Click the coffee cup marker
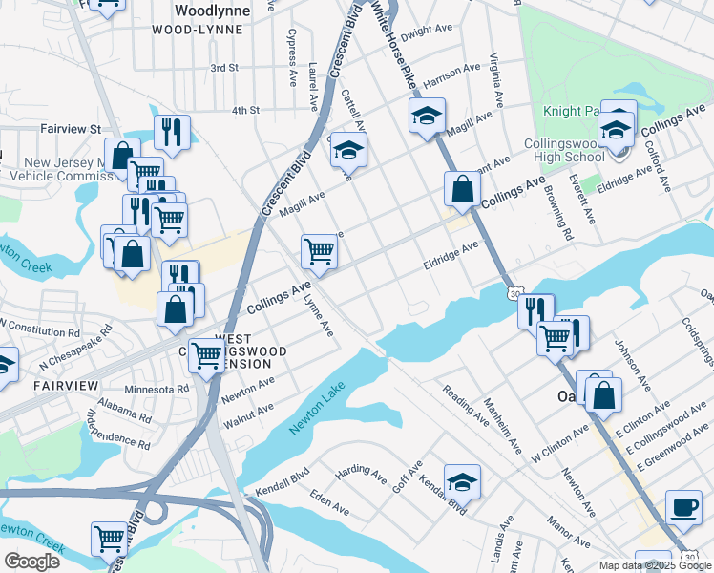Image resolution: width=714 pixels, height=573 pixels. point(682,507)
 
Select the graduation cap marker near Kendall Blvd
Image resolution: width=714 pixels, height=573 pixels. point(462,482)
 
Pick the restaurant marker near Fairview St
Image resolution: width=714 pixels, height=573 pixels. point(172,133)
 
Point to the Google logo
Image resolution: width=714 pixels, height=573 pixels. point(31,561)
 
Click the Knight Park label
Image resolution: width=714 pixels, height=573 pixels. point(571,111)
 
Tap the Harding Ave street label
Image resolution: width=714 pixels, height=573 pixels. point(359,471)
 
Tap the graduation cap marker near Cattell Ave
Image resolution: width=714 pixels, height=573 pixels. point(349,150)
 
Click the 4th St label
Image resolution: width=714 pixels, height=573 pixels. point(245,111)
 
